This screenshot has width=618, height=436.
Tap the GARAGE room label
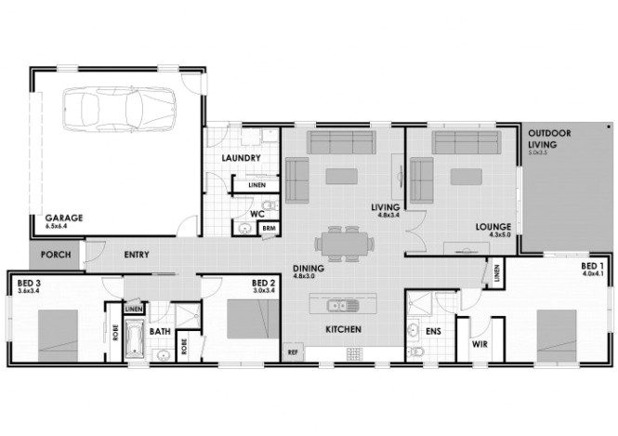coord(64,218)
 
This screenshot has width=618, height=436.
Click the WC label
coord(258,213)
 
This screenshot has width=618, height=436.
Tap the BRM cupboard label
coord(269,228)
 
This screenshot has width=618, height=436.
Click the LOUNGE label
coord(493,226)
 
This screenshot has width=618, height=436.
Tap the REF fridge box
coord(292,352)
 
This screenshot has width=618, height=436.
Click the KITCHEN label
coord(342,331)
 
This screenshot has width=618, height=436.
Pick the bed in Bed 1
coord(559,332)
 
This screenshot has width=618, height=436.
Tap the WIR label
coord(480,344)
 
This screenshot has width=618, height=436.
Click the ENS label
coord(433,330)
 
